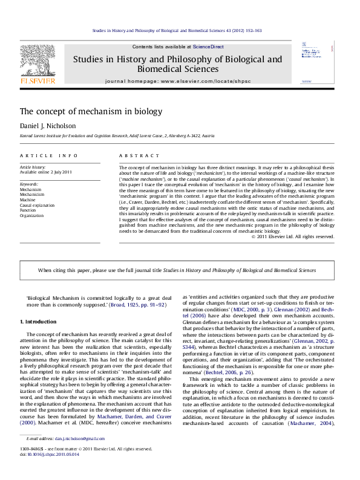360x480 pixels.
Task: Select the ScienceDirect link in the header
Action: pyautogui.click(x=209, y=47)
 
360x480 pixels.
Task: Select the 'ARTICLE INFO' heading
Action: pyautogui.click(x=44, y=155)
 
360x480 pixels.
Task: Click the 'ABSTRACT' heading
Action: pyautogui.click(x=134, y=155)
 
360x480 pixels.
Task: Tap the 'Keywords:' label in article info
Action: pyautogui.click(x=29, y=183)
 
